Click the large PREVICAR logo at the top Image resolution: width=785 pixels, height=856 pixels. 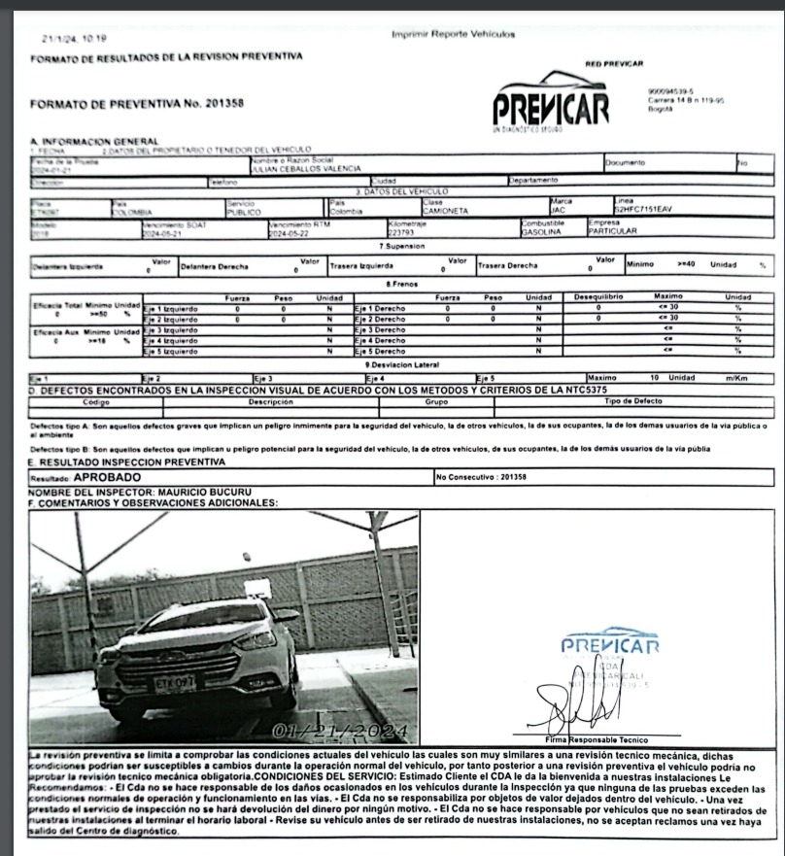[x=551, y=101]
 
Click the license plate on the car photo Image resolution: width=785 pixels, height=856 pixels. [x=176, y=682]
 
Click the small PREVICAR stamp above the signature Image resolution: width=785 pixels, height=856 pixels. [x=609, y=645]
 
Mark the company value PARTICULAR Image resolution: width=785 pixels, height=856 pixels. [x=613, y=231]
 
